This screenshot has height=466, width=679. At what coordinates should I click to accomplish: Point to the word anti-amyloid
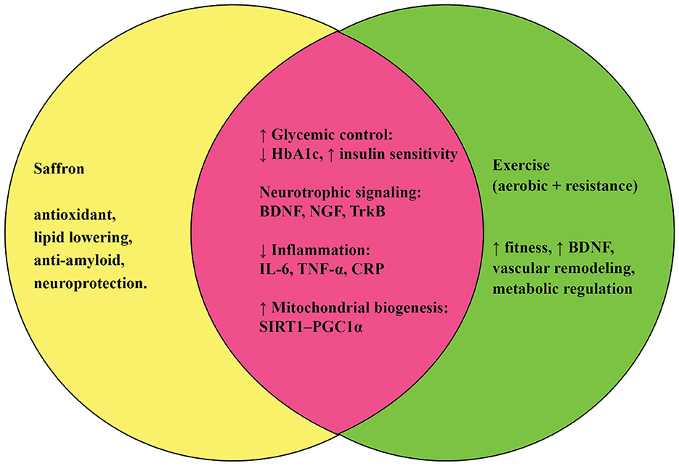pos(75,261)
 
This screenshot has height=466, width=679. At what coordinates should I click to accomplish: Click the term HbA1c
pos(297,154)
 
